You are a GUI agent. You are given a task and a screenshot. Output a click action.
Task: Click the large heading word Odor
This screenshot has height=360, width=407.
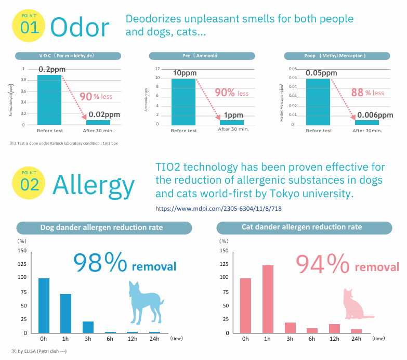tap(81, 27)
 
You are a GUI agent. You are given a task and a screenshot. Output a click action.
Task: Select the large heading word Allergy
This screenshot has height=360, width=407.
tap(94, 184)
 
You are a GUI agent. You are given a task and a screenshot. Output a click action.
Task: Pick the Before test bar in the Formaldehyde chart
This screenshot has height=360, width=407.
tap(50, 100)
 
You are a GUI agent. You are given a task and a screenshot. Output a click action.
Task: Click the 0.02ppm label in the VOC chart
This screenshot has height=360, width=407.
tap(104, 114)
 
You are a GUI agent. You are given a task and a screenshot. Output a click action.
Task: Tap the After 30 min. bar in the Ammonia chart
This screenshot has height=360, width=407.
tap(232, 122)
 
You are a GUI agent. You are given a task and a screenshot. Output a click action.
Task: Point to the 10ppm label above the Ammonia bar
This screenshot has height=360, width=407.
tap(184, 73)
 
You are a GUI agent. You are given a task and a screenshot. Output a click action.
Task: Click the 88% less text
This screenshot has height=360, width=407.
tap(367, 93)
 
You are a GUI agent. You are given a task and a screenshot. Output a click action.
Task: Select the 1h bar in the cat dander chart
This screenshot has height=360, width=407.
tap(268, 299)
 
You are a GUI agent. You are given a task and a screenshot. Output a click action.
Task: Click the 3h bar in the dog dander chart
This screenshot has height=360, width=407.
tap(88, 327)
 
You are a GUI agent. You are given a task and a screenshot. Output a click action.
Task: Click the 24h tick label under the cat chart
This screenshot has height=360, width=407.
tap(356, 339)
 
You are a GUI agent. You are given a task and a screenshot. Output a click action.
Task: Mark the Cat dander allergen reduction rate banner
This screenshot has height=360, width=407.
tap(302, 227)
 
